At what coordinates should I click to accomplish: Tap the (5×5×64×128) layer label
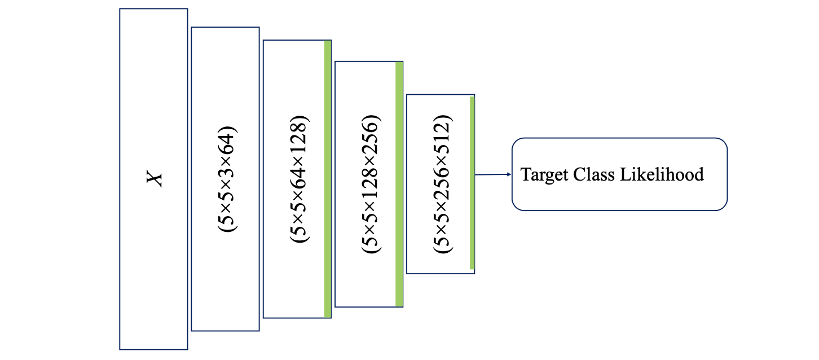[x=300, y=179]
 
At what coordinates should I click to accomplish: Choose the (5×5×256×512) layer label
[x=443, y=183]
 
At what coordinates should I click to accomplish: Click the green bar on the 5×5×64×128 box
[x=328, y=179]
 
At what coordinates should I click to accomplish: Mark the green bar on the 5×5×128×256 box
[x=399, y=184]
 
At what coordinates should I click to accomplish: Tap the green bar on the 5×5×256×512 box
[x=472, y=183]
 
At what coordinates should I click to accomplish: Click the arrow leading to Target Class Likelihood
[x=492, y=174]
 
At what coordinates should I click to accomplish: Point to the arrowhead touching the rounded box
[x=509, y=174]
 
